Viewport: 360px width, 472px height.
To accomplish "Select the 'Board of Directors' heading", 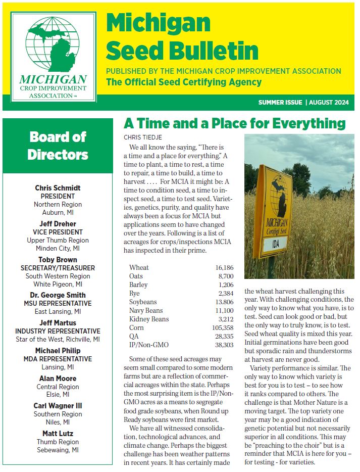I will (x=58, y=145).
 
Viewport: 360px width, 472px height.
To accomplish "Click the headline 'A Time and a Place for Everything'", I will (x=235, y=124).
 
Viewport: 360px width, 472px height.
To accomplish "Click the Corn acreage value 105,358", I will (x=219, y=328).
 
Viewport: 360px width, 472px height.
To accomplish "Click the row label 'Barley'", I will (x=139, y=285).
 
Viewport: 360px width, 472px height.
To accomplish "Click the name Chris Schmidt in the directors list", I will (x=58, y=188).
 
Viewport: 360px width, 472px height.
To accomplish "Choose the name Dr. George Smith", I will (x=58, y=295).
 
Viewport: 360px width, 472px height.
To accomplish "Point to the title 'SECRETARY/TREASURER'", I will (x=58, y=268).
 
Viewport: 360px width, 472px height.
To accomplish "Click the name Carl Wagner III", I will (x=58, y=406).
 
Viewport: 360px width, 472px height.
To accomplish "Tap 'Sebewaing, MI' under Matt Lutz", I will (x=58, y=450).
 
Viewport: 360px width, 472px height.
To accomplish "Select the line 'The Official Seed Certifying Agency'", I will (x=184, y=82).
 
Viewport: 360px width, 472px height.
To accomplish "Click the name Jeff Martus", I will (x=58, y=322).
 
